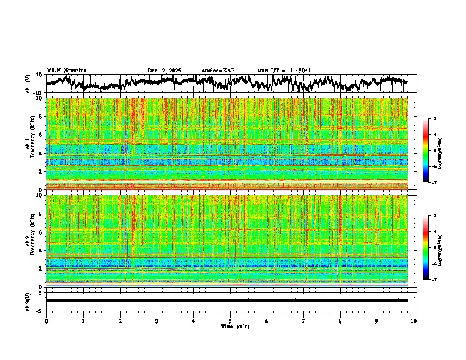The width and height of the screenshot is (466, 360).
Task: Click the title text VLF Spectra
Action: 66,71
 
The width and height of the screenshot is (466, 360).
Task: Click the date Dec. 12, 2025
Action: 164,71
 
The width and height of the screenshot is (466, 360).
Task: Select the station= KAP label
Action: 218,71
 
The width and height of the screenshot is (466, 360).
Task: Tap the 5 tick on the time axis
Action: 230,321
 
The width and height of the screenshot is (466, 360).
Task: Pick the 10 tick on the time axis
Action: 414,321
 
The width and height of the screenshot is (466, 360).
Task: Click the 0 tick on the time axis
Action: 46,321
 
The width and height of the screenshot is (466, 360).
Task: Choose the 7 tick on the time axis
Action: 304,321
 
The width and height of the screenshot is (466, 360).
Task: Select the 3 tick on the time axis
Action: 157,321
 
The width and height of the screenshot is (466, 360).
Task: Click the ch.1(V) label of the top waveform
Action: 28,84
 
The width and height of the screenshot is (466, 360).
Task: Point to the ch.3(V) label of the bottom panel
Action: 28,301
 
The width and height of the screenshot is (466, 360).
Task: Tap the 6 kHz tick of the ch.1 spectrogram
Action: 42,135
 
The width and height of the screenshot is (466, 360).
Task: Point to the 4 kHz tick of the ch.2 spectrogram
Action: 42,250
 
